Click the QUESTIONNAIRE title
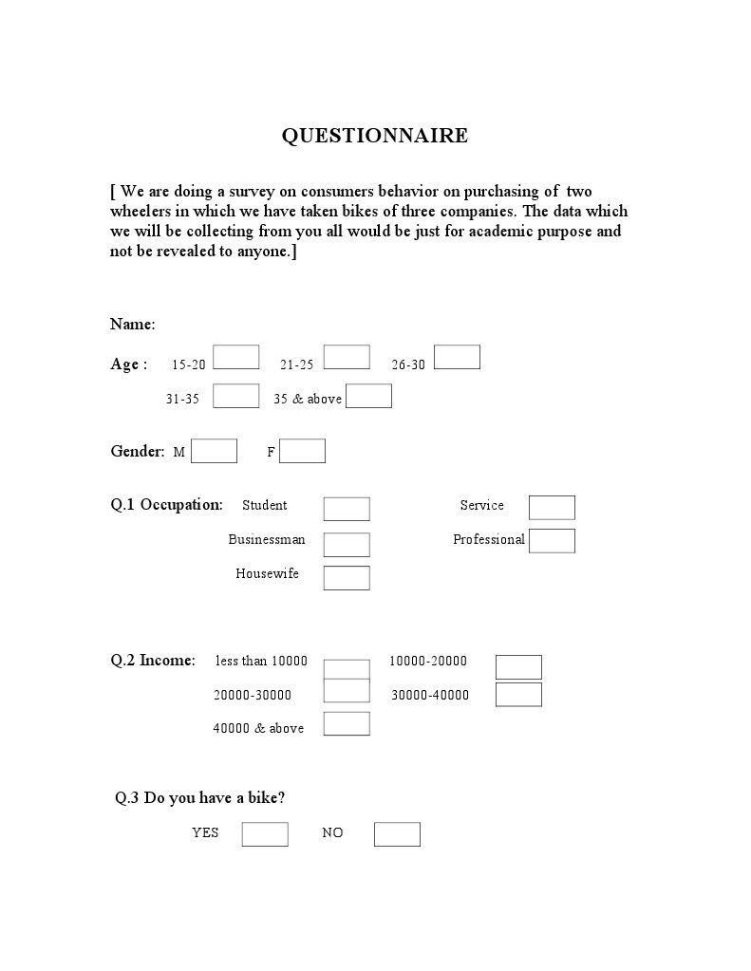[374, 136]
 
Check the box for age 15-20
[235, 357]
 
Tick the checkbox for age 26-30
[457, 357]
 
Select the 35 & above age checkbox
[368, 396]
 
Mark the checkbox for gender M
[214, 451]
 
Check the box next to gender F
[302, 451]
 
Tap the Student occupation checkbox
[347, 509]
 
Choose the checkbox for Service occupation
[552, 508]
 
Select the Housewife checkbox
[347, 578]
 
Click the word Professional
[488, 540]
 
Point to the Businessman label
[267, 540]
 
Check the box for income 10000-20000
[518, 667]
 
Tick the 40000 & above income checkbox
[347, 724]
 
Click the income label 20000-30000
[253, 695]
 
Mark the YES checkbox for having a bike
[265, 834]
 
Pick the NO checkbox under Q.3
[397, 834]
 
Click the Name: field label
[132, 325]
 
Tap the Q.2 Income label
[153, 661]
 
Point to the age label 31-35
[182, 400]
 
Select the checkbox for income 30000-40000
[518, 695]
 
